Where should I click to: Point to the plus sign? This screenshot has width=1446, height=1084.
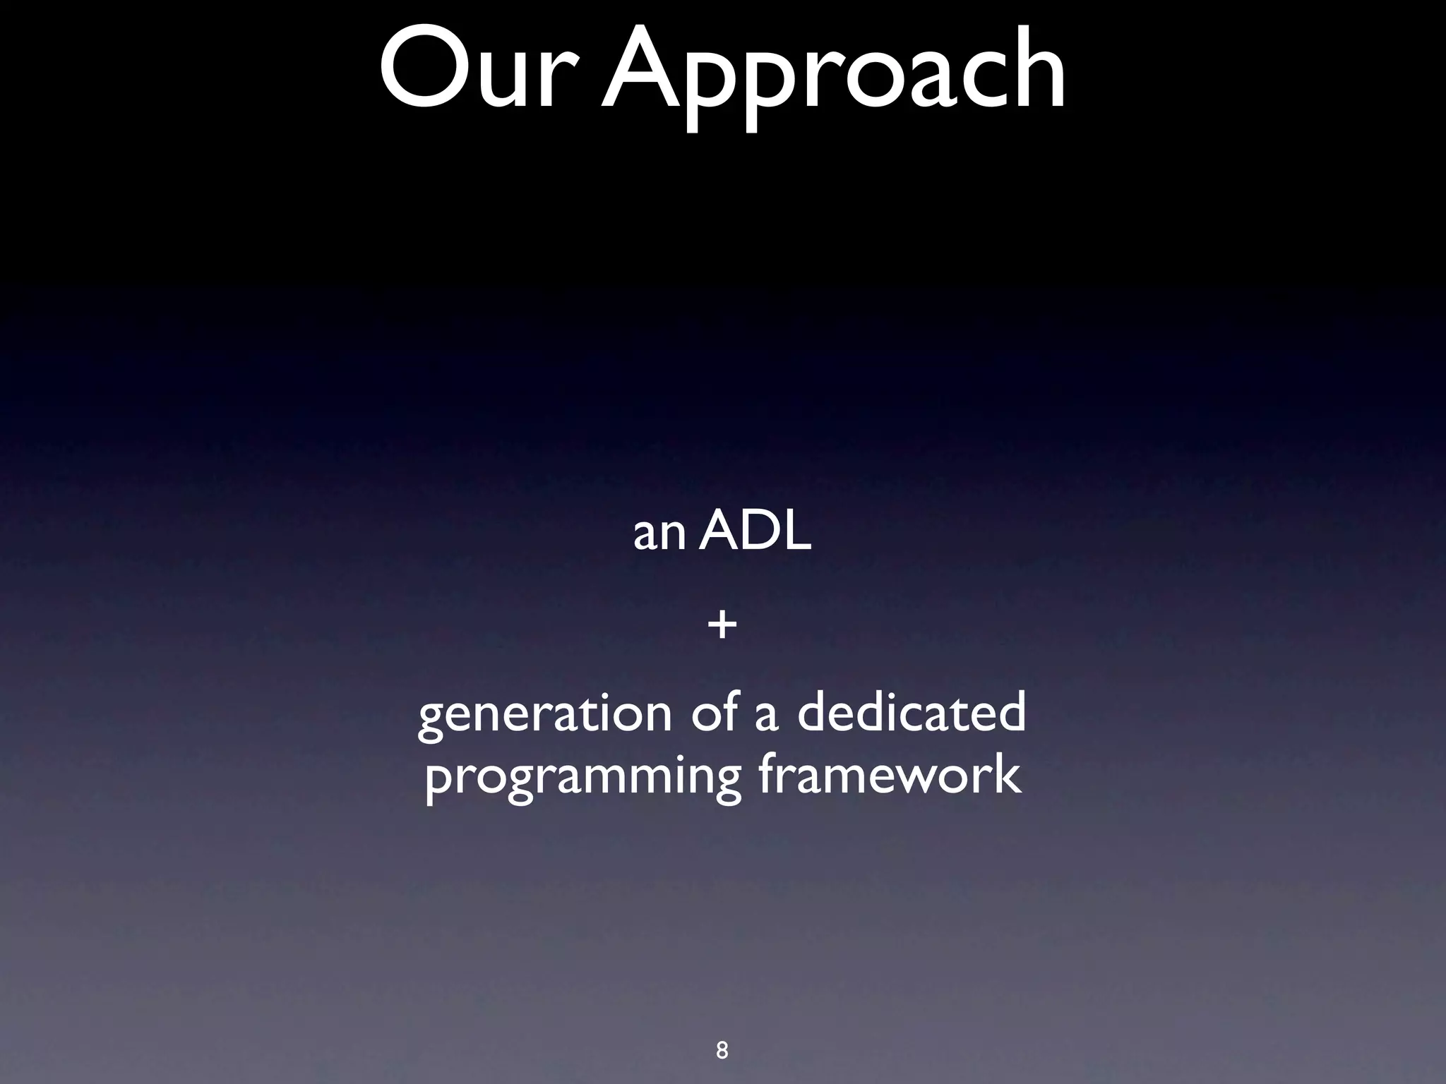click(x=722, y=625)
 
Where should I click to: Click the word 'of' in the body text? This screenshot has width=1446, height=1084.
click(x=715, y=711)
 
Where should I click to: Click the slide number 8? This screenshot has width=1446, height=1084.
click(x=722, y=1050)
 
